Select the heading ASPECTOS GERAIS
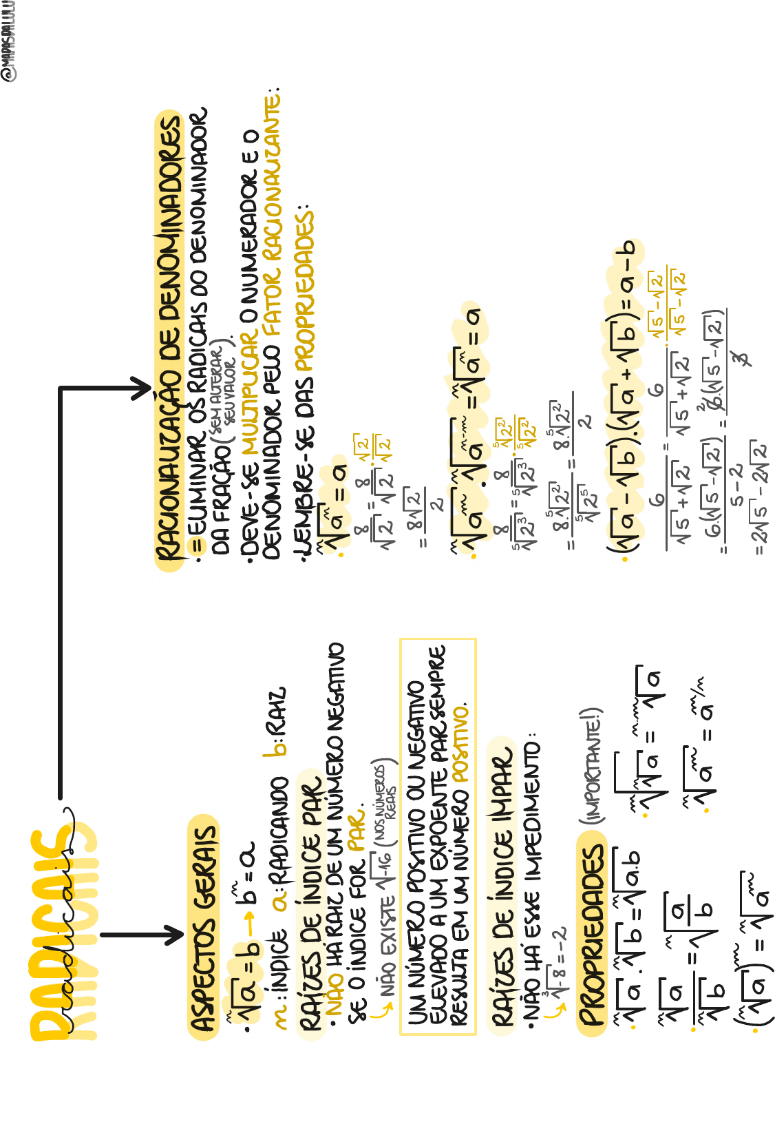click(x=204, y=926)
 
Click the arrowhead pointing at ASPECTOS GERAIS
click(x=172, y=935)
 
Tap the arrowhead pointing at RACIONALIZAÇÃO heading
click(x=142, y=389)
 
